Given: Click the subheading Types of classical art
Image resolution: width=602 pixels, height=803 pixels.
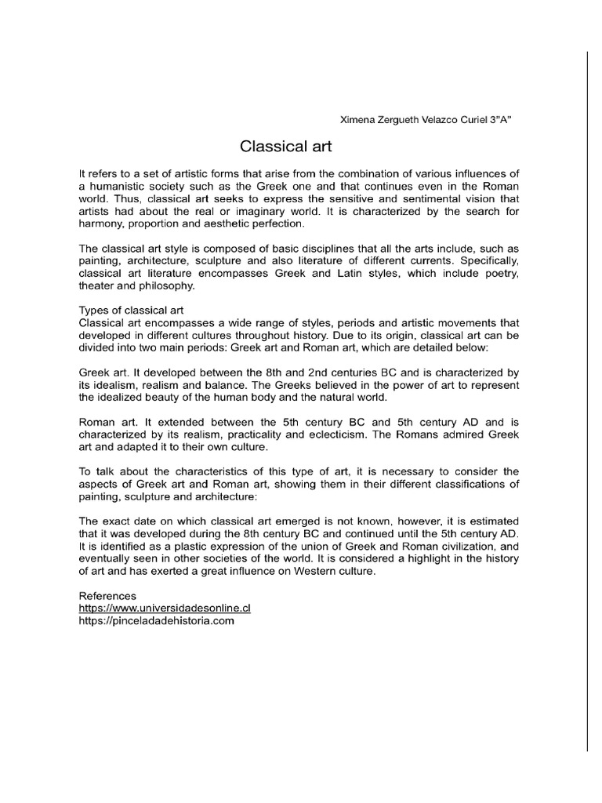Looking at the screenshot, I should [x=132, y=310].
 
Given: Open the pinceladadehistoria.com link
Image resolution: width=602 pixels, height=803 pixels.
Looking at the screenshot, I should [x=157, y=621].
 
